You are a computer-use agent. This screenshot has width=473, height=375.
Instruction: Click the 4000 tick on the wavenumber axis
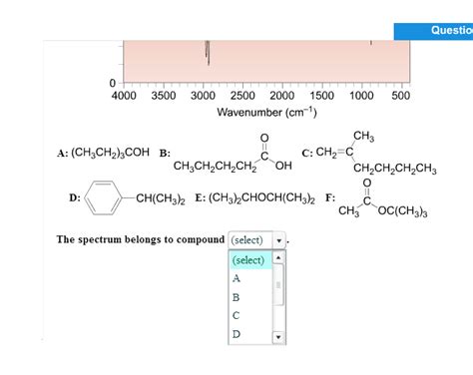pyautogui.click(x=124, y=96)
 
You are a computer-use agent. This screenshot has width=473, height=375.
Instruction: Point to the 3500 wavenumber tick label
pyautogui.click(x=163, y=96)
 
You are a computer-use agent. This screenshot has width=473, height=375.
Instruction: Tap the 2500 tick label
pyautogui.click(x=242, y=96)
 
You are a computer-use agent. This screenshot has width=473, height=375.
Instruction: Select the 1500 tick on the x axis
pyautogui.click(x=321, y=96)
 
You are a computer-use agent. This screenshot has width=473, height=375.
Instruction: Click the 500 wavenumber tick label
pyautogui.click(x=400, y=96)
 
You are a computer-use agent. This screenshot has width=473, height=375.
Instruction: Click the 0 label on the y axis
pyautogui.click(x=113, y=82)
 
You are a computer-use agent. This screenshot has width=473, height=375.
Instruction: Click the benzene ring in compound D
pyautogui.click(x=102, y=197)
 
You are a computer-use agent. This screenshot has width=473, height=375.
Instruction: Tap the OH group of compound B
pyautogui.click(x=283, y=166)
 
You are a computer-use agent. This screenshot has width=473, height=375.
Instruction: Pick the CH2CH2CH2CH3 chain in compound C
pyautogui.click(x=395, y=169)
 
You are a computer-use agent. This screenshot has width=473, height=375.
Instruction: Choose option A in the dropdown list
pyautogui.click(x=236, y=278)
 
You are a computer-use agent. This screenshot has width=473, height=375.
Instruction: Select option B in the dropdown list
pyautogui.click(x=236, y=297)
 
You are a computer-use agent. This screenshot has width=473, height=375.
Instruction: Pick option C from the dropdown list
pyautogui.click(x=236, y=315)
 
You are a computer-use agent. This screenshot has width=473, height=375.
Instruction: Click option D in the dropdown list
pyautogui.click(x=236, y=334)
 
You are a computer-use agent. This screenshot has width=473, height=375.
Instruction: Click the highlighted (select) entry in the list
pyautogui.click(x=248, y=260)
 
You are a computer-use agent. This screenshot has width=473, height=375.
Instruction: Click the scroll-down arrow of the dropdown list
pyautogui.click(x=278, y=337)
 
